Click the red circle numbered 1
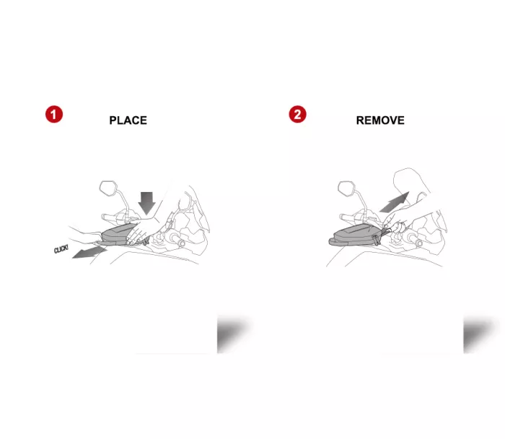click(53, 114)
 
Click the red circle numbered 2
click(297, 114)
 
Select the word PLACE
click(128, 121)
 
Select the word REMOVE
click(380, 121)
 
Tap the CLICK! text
click(62, 250)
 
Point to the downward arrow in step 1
click(148, 201)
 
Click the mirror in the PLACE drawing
click(109, 189)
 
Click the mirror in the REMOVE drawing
click(347, 189)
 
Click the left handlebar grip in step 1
click(115, 216)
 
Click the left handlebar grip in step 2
click(353, 216)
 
